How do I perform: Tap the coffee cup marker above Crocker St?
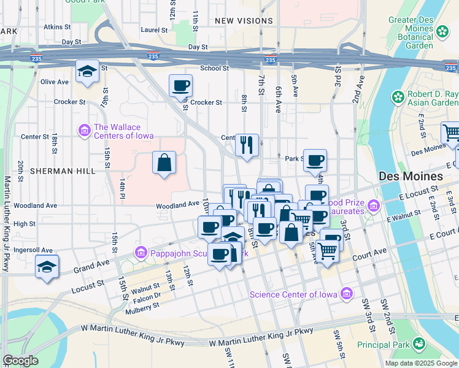(180, 85)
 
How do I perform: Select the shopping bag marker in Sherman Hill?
(164, 163)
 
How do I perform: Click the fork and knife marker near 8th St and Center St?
(247, 145)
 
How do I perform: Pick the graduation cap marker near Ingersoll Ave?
(47, 266)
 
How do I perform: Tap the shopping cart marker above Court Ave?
(328, 248)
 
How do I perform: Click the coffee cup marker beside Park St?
(315, 161)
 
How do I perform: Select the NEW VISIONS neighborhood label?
(244, 21)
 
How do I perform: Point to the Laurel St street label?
(154, 29)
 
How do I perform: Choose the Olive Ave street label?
(55, 82)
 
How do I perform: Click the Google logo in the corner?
(20, 361)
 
